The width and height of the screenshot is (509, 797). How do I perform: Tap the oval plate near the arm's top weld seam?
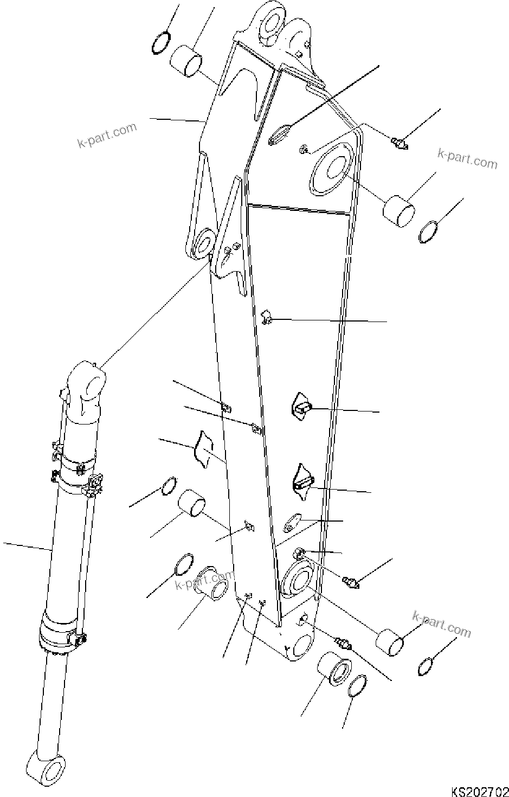point(280,134)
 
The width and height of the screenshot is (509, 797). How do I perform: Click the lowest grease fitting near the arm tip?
point(343,644)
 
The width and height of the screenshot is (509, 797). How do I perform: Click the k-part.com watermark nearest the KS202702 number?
point(442,624)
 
